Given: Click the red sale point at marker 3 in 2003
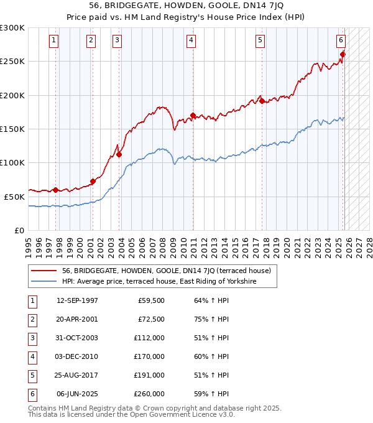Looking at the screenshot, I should coord(119,155).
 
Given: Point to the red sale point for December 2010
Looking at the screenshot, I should coord(193,116).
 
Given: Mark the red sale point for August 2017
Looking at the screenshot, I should coord(262,101).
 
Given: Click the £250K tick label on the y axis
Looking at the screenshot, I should coord(12,62).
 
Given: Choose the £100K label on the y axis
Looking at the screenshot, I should coord(12,162).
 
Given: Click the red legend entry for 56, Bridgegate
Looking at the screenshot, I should coord(166,271).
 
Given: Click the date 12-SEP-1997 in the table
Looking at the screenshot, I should coord(77,300).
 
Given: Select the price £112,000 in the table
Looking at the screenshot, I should coord(149,338).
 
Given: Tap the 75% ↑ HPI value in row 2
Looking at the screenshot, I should coord(211,319).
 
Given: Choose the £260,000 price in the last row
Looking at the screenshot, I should coord(149,394).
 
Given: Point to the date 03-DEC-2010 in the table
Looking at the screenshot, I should coord(77,356).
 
